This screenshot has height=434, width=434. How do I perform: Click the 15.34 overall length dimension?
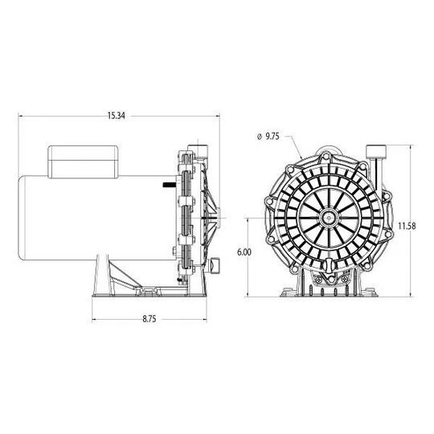pyautogui.click(x=117, y=116)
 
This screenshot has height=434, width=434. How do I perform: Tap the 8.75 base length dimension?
pyautogui.click(x=149, y=319)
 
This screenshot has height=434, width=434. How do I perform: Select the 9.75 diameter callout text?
pyautogui.click(x=272, y=137)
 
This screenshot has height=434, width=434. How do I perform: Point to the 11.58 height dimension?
pyautogui.click(x=407, y=226)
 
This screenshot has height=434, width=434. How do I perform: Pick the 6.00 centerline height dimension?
pyautogui.click(x=244, y=252)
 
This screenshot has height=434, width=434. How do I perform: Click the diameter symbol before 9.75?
pyautogui.click(x=260, y=137)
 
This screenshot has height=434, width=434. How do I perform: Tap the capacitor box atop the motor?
pyautogui.click(x=83, y=162)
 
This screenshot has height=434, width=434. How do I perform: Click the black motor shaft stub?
pyautogui.click(x=169, y=185)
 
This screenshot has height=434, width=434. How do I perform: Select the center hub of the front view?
pyautogui.click(x=329, y=218)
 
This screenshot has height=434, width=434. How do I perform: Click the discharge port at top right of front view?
pyautogui.click(x=376, y=152)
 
